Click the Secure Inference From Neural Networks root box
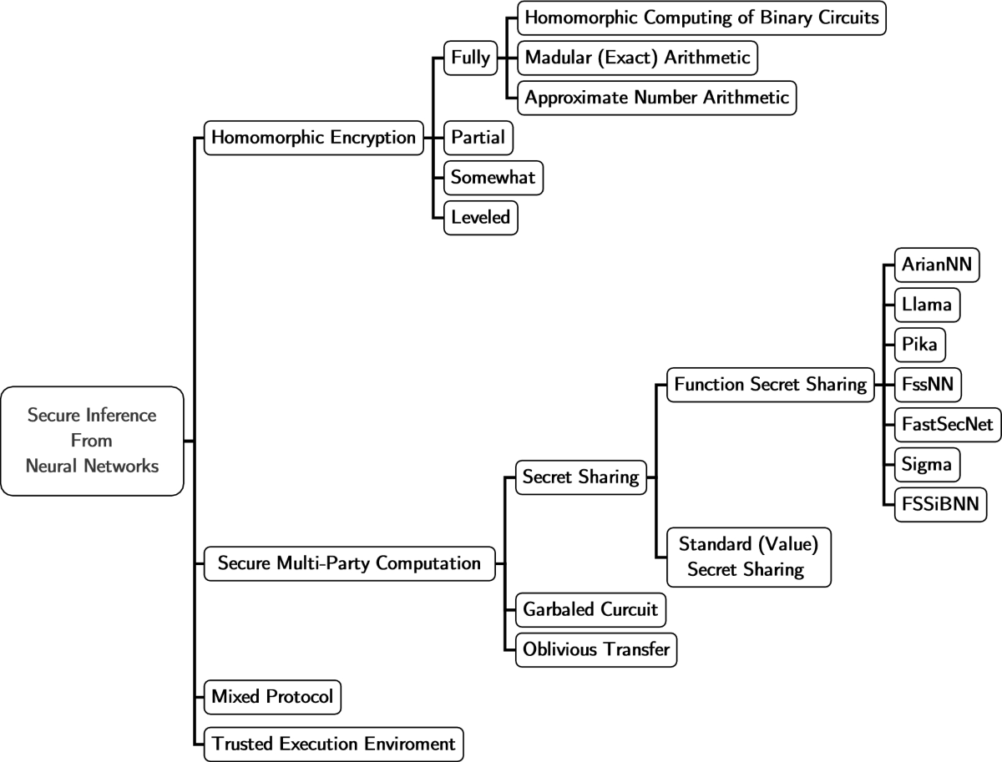pyautogui.click(x=92, y=441)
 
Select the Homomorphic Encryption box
pyautogui.click(x=313, y=138)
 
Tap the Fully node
pyautogui.click(x=470, y=58)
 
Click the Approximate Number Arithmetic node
pyautogui.click(x=656, y=98)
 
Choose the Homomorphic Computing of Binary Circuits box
pyautogui.click(x=701, y=18)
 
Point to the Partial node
pyautogui.click(x=478, y=138)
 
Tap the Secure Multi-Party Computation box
pyautogui.click(x=349, y=563)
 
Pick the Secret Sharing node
pyautogui.click(x=580, y=477)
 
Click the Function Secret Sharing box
pyautogui.click(x=770, y=385)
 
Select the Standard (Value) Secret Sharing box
pyautogui.click(x=747, y=558)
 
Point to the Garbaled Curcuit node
pyautogui.click(x=590, y=609)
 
